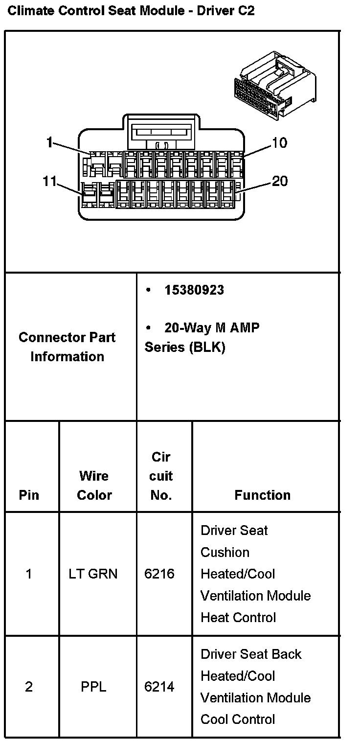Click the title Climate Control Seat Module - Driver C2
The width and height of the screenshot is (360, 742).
click(131, 11)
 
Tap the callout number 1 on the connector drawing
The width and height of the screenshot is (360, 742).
click(49, 142)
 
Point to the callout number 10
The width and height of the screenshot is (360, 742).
click(279, 143)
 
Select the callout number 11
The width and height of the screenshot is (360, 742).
click(49, 182)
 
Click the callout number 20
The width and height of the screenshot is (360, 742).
click(280, 182)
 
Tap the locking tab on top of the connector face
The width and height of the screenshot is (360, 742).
click(160, 132)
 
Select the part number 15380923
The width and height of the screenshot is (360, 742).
click(194, 290)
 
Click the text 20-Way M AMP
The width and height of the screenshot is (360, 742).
click(212, 328)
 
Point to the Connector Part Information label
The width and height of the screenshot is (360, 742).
click(67, 347)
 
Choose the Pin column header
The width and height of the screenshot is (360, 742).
click(29, 495)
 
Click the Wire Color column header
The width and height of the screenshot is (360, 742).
click(94, 485)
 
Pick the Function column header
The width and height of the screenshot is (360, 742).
click(262, 495)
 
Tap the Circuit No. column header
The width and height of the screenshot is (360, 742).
click(161, 476)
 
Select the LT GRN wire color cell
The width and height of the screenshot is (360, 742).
click(93, 574)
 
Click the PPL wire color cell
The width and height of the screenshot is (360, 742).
click(93, 687)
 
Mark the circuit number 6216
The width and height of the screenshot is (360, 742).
click(159, 574)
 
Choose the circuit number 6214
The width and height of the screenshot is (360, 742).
click(159, 687)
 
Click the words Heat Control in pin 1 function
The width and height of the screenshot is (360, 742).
click(238, 617)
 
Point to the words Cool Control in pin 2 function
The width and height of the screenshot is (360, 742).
click(238, 719)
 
